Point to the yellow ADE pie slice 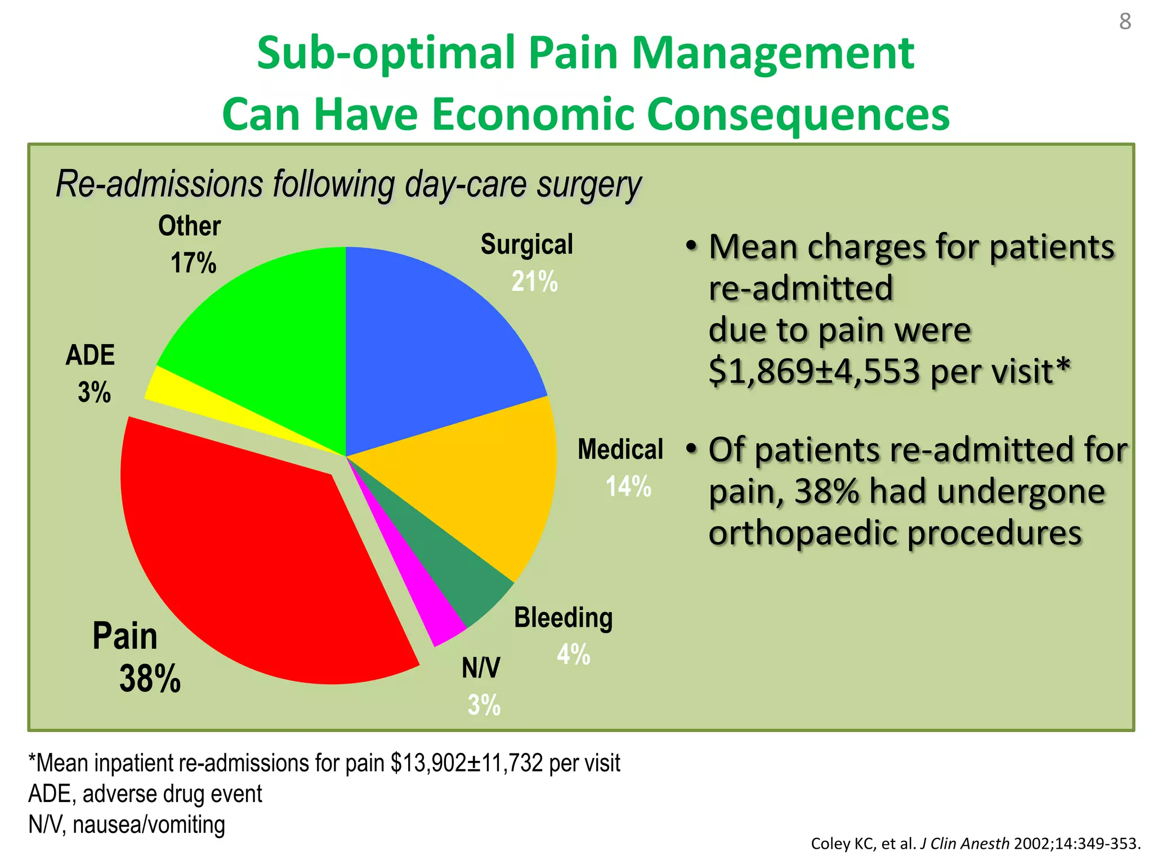186,394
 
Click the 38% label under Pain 150,679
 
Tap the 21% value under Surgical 534,281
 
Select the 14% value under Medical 628,486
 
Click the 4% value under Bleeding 573,654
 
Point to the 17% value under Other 193,263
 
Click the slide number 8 1125,21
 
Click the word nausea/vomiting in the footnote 149,824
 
